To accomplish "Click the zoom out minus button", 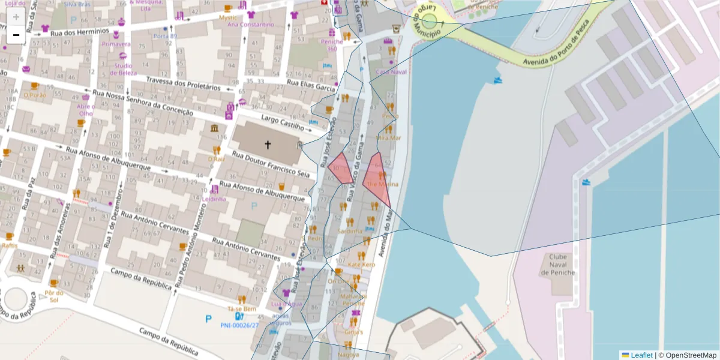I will tap(16, 35).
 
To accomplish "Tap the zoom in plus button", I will tap(16, 17).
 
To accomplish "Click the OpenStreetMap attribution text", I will tap(691, 355).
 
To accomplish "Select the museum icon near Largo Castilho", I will tap(214, 129).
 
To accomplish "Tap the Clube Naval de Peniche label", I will tap(557, 265).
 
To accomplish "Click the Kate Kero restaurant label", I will tap(361, 265).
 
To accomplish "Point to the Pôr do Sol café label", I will tap(54, 296).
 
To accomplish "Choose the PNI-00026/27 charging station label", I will tap(239, 325).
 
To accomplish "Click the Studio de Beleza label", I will tap(123, 68).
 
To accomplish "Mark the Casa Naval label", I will tap(391, 71).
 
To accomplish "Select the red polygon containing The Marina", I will tap(377, 179).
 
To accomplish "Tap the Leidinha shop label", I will tap(214, 199).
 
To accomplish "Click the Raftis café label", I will tap(9, 245).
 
